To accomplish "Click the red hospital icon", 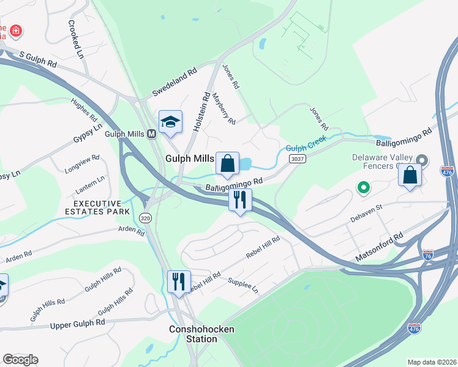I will coord(15,30).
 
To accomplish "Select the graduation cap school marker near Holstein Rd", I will coord(170,120).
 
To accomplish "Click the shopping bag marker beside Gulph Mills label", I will coord(227,163).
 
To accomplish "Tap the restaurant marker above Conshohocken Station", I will coord(179,281).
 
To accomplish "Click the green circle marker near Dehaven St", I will coord(363,188).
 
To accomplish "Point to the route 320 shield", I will coord(145,218).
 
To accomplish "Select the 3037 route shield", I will coord(298,158).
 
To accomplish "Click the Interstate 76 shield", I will coord(427,254).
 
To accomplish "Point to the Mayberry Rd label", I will coord(224,109).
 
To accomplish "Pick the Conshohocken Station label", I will coord(193,334).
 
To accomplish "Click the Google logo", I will coord(20,360).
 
